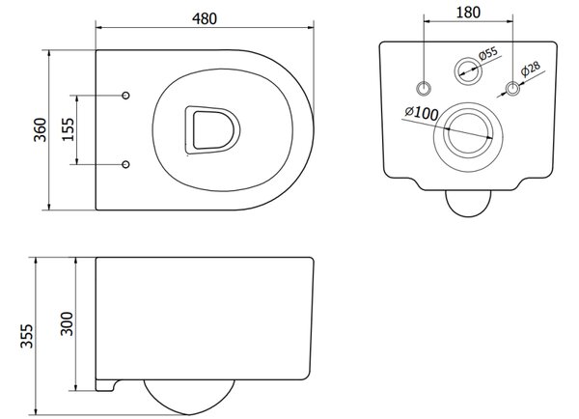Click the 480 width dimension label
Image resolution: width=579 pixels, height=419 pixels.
point(205,19)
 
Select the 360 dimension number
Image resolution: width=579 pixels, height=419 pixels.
point(41,129)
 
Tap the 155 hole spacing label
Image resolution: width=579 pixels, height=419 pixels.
point(68,129)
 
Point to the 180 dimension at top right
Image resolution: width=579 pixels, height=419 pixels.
point(468,13)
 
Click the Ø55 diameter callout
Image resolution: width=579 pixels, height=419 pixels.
point(488,53)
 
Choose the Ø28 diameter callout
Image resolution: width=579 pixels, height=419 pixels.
point(531,70)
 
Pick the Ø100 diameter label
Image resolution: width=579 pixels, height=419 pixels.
point(422,113)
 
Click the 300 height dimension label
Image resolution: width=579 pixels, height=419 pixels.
point(67,323)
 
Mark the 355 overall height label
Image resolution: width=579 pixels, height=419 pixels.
point(27,336)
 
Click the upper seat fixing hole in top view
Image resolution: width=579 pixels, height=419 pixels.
point(125,96)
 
